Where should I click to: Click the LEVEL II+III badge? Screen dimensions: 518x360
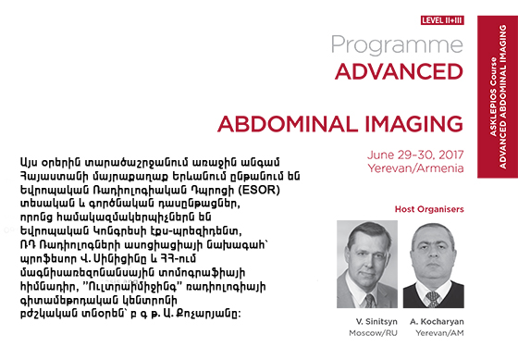tap(442, 20)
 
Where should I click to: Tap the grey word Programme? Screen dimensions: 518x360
tap(397, 45)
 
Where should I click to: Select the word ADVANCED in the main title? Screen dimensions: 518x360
tap(399, 71)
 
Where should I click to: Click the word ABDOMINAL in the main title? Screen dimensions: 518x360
tap(288, 124)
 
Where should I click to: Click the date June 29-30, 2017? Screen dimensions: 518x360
tap(415, 155)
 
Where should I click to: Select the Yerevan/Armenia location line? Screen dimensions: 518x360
tap(415, 168)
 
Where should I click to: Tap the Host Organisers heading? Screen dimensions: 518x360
tap(429, 209)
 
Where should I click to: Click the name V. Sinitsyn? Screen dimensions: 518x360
tap(376, 322)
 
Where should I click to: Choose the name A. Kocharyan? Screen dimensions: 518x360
tap(437, 322)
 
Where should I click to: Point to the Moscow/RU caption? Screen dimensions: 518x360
tap(373, 333)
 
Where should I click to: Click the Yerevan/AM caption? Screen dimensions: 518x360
tap(439, 333)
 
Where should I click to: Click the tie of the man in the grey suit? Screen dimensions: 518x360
tap(370, 301)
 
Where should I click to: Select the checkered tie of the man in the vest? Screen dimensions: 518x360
tap(432, 299)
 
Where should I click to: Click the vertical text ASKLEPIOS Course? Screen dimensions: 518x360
tap(493, 96)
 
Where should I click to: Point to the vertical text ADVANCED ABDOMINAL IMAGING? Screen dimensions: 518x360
tap(502, 96)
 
